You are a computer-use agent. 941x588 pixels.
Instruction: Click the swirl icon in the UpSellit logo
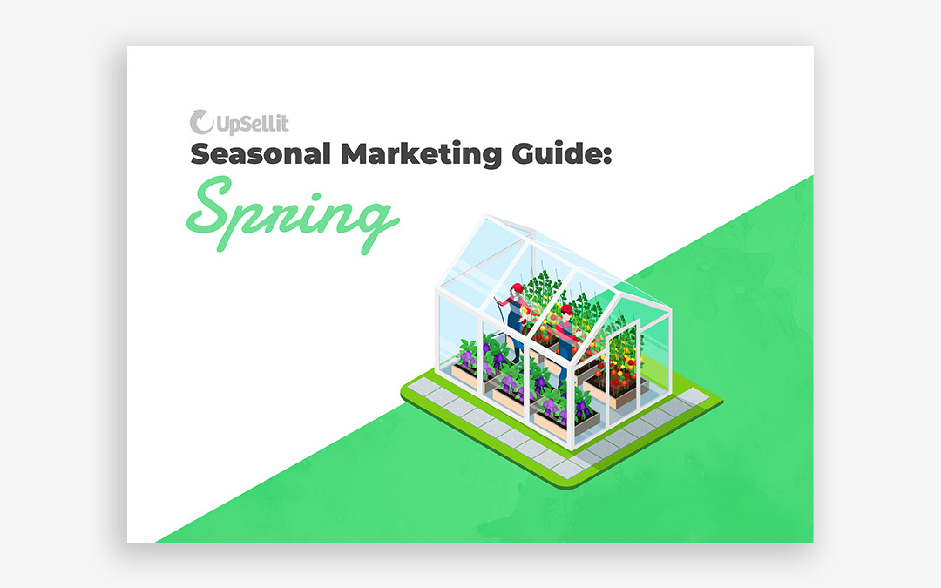pyautogui.click(x=201, y=122)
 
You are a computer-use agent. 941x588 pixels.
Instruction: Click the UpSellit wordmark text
pyautogui.click(x=253, y=125)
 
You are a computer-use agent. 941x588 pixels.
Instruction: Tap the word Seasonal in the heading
pyautogui.click(x=261, y=153)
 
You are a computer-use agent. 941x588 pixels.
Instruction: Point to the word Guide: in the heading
pyautogui.click(x=562, y=153)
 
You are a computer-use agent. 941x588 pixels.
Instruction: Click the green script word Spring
pyautogui.click(x=292, y=214)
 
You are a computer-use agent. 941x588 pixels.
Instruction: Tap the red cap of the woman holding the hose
pyautogui.click(x=518, y=288)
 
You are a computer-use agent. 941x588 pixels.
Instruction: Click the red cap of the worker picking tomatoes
pyautogui.click(x=566, y=309)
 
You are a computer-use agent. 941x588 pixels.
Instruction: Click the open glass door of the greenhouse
pyautogui.click(x=621, y=366)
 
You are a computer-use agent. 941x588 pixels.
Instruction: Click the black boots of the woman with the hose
pyautogui.click(x=516, y=355)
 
